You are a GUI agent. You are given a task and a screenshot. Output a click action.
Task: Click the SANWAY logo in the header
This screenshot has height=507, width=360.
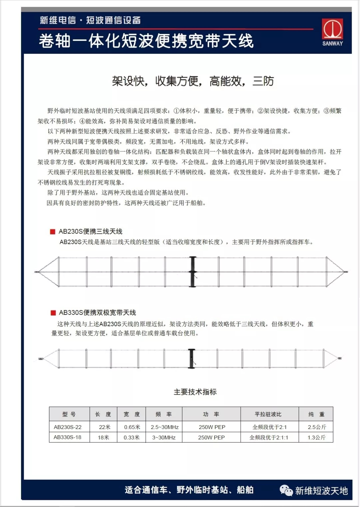coord(332,32)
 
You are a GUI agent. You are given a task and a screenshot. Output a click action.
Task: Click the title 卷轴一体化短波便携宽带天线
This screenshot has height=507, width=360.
coord(146,41)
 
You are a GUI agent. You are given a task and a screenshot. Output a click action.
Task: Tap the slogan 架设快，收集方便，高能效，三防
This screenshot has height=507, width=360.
coord(193,81)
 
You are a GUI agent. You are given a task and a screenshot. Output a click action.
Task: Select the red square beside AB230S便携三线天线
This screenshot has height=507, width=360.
coord(52,231)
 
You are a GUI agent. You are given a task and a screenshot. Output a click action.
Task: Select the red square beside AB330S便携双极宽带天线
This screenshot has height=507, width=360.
coord(53,313)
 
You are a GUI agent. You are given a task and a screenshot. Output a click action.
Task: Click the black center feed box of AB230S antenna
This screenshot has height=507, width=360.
coord(193,272)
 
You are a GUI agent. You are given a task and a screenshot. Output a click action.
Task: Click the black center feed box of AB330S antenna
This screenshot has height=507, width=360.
coord(191,359)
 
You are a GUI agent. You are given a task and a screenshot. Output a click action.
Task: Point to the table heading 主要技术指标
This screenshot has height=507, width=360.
coord(195,392)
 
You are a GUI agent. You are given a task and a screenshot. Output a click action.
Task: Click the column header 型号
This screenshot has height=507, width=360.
coord(69,414)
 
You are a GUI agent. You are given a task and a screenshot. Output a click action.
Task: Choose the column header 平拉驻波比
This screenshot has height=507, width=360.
coord(268,414)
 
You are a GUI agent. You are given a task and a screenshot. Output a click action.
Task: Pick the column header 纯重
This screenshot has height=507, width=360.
coord(316,414)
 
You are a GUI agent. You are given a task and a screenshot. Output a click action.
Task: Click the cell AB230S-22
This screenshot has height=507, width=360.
coord(68,427)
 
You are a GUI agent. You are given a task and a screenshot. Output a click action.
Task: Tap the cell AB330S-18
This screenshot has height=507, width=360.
coord(68,437)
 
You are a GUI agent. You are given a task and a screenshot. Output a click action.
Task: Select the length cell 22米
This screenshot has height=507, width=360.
coord(104,427)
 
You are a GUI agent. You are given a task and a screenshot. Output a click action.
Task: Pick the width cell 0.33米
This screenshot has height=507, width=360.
coord(131,437)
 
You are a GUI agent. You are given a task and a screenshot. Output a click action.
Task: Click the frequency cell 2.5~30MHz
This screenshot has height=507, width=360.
coord(164,427)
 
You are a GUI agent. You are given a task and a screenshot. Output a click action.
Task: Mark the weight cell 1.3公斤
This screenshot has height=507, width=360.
coord(316,437)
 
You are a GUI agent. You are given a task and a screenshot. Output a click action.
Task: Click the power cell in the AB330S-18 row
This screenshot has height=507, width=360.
coord(211,437)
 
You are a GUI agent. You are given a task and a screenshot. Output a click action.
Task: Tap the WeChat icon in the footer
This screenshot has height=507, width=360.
coord(286,490)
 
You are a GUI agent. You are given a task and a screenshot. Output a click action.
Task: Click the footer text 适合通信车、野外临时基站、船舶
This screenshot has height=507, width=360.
coord(189,490)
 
